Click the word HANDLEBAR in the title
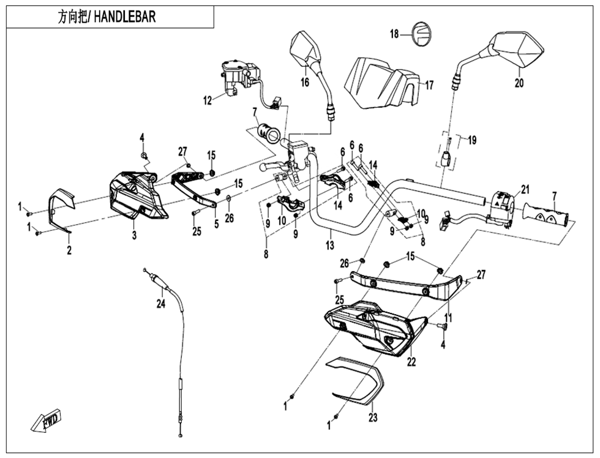[x=125, y=17]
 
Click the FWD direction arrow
[x=45, y=422]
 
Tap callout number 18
[x=394, y=34]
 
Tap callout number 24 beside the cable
[x=160, y=303]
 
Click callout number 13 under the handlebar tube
[x=330, y=245]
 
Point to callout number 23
[x=373, y=418]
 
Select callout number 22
[x=411, y=362]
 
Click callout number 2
[x=69, y=250]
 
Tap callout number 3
[x=134, y=235]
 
